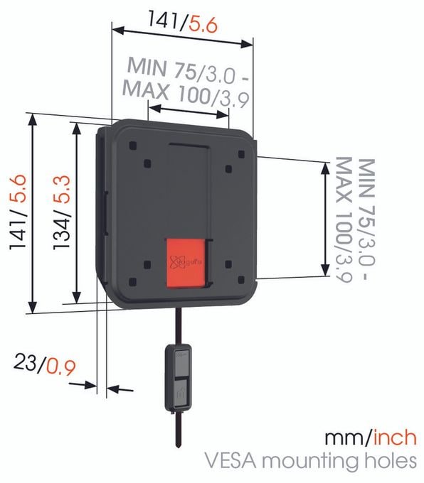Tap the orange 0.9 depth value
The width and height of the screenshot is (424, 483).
point(61,367)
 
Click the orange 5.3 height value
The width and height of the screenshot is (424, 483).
point(62,190)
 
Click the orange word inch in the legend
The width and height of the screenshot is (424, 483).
point(395,438)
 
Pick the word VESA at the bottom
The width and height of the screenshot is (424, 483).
point(230,461)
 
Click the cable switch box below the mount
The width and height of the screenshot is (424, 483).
point(178,378)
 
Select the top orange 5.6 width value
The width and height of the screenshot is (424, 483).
point(203,25)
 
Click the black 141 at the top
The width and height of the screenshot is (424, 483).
point(164,19)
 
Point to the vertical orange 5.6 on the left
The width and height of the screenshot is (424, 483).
point(18,189)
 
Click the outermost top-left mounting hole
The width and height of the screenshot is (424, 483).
point(133,146)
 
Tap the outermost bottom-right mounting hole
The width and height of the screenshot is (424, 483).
point(241,280)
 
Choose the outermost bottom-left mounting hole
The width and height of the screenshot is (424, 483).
point(133,281)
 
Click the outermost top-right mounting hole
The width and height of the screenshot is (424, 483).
point(242,154)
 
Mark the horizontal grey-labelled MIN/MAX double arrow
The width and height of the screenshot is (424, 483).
point(189,112)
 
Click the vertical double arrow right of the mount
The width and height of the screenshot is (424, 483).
point(325,219)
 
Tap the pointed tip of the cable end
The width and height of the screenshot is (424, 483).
point(178,447)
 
